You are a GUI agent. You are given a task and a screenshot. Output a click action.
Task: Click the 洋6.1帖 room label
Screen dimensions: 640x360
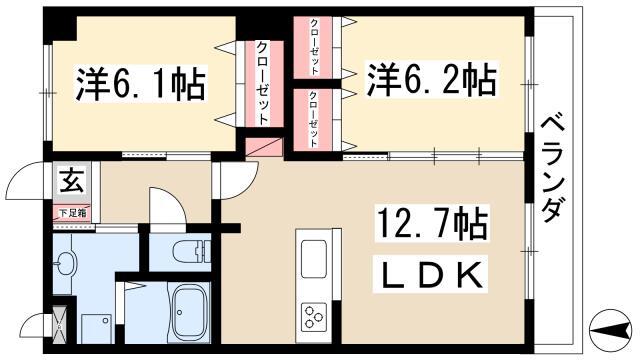tap(140, 83)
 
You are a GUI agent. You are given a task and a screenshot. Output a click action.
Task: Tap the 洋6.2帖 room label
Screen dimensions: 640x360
tap(431, 79)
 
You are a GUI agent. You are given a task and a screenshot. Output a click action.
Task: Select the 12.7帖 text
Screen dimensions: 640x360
tap(432, 223)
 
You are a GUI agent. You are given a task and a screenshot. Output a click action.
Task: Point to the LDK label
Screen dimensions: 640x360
tap(431, 274)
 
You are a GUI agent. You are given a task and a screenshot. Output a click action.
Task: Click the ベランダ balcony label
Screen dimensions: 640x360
tap(553, 169)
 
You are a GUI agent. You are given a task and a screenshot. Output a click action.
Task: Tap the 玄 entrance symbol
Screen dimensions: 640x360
tap(72, 180)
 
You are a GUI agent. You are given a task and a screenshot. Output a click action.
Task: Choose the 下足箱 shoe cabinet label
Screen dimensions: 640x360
tap(73, 213)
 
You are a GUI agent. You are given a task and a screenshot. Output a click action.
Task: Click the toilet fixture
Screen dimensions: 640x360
tap(191, 251)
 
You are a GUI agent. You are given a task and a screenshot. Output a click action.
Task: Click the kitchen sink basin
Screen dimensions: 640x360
tap(313, 259)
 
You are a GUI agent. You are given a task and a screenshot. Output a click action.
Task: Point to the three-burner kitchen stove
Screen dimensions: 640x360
tap(314, 317)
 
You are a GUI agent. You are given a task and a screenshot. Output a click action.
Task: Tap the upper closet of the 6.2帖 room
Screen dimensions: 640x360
tap(313, 47)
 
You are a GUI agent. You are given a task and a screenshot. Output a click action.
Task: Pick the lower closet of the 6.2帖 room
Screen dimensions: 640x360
tap(313, 120)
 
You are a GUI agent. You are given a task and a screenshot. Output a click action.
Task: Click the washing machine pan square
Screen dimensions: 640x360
tap(97, 329)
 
